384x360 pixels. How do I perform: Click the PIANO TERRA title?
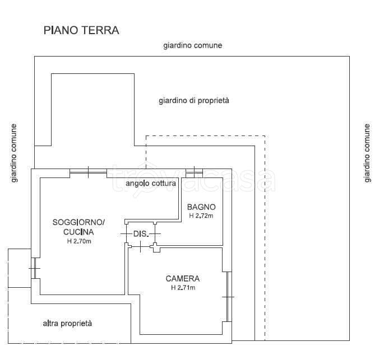pos(81,30)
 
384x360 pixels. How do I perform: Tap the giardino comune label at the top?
pos(192,45)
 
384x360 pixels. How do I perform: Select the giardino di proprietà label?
pos(194,101)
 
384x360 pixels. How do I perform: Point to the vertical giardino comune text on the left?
pos(13,153)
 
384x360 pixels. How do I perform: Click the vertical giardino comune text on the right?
pos(367,153)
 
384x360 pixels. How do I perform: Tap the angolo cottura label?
pos(151,183)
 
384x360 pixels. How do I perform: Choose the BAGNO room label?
pos(201,207)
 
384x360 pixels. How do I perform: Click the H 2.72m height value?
pos(201,215)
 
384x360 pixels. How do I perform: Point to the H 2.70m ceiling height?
pos(78,241)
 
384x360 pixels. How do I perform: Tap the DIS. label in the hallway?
pos(140,233)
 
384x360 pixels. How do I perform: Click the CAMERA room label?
pos(182,278)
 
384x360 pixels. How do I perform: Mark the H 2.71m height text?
pos(183,288)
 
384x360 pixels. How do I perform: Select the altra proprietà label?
pos(67,323)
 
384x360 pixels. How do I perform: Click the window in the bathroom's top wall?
pos(194,171)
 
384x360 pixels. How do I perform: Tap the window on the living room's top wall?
pos(89,172)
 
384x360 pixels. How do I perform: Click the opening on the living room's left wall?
pos(35,270)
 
